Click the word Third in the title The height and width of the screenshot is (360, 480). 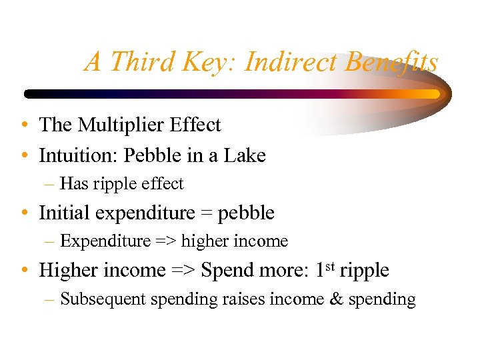(x=135, y=62)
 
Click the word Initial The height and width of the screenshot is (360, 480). (x=64, y=213)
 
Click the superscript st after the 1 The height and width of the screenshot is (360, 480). (x=329, y=266)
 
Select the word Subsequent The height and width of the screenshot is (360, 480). (x=103, y=299)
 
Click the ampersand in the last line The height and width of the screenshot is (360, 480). (x=337, y=299)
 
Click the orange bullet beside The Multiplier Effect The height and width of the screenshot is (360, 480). (x=24, y=125)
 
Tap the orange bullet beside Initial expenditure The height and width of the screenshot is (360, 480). (x=24, y=213)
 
